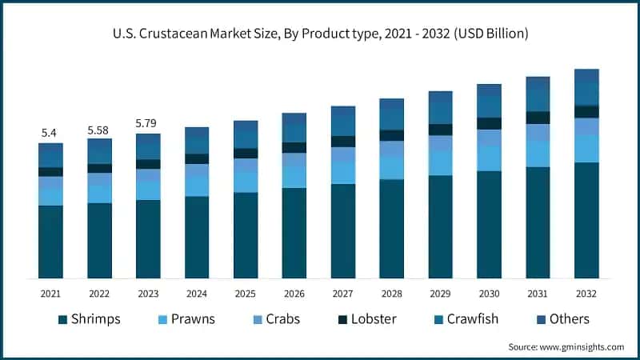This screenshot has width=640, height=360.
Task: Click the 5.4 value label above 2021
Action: [x=50, y=133]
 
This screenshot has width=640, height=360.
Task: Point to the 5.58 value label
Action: [x=99, y=129]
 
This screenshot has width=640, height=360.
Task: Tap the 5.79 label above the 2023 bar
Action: [x=147, y=123]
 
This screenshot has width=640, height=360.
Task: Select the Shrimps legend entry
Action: [x=90, y=319]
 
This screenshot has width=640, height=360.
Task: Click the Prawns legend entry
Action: [x=186, y=319]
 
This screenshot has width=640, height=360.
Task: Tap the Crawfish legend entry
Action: [x=466, y=319]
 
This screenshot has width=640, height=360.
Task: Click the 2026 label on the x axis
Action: [x=294, y=294]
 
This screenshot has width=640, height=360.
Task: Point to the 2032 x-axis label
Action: [x=586, y=294]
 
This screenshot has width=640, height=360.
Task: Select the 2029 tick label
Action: [x=440, y=294]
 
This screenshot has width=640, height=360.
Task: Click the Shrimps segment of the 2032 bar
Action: [x=586, y=220]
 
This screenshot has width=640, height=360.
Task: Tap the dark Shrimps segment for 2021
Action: [x=50, y=242]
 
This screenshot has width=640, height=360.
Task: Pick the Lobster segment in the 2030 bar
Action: [x=489, y=123]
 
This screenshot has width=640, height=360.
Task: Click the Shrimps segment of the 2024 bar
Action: [x=196, y=237]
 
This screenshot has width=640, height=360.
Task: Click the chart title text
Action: [x=320, y=34]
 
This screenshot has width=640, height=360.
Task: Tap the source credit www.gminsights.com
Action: [x=566, y=346]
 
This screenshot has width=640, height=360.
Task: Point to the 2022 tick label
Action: [x=99, y=294]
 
